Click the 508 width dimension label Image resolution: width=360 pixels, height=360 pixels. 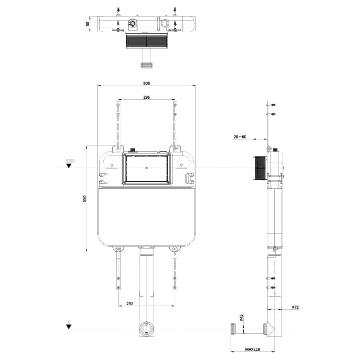tap(147, 84)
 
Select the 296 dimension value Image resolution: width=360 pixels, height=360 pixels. tap(147, 97)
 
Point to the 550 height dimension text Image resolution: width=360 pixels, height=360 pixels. tap(85, 199)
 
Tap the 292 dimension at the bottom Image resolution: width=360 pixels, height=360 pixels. tap(129, 304)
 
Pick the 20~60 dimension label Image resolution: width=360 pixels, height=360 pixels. tap(240, 136)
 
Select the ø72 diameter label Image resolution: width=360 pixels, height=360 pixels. tap(295, 307)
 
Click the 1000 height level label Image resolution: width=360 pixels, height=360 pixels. tap(69, 161)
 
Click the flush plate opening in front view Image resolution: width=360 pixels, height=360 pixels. tap(146, 168)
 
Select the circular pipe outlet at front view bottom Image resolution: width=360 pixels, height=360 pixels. tap(146, 330)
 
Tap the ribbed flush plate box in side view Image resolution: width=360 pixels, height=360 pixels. tap(259, 168)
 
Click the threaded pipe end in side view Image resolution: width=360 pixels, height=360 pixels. tap(234, 329)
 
